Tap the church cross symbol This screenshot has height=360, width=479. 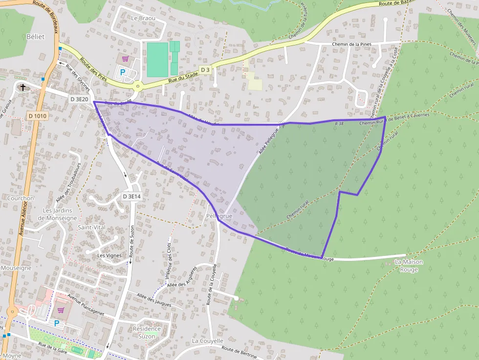(x=22, y=87)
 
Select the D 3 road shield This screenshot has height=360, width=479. (x=205, y=70)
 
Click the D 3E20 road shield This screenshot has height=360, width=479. (x=79, y=99)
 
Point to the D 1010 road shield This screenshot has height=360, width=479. (x=37, y=116)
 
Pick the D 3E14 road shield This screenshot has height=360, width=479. (x=131, y=196)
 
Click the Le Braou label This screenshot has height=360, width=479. (x=143, y=18)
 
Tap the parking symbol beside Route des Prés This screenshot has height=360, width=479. (x=123, y=72)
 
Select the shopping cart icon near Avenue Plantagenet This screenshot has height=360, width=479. (x=61, y=309)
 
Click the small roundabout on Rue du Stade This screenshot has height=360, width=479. (x=138, y=87)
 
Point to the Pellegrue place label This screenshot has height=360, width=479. (x=219, y=215)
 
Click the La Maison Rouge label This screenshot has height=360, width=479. (x=409, y=265)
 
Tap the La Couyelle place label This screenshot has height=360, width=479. (x=208, y=340)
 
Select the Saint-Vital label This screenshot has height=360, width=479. (x=92, y=228)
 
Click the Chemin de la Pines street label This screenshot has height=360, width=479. (x=351, y=44)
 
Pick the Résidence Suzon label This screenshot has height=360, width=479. (x=147, y=332)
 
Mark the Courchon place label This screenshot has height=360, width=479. (x=21, y=198)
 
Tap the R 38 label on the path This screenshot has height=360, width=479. (x=340, y=125)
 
